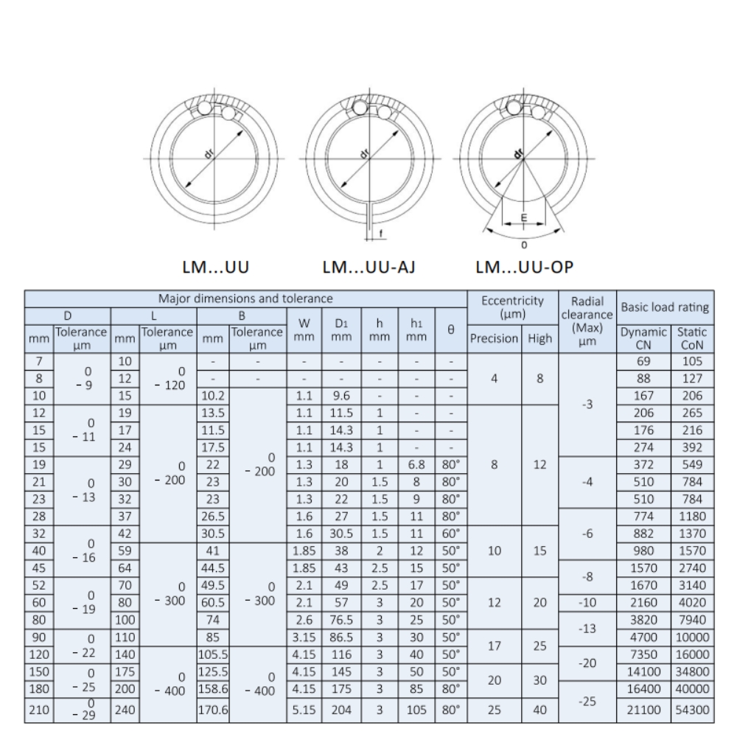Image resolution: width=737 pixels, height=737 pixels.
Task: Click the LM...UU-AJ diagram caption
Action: pyautogui.click(x=368, y=267)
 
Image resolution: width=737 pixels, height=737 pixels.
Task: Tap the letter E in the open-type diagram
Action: pyautogui.click(x=524, y=217)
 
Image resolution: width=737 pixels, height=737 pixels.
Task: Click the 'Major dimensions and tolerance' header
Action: pyautogui.click(x=245, y=298)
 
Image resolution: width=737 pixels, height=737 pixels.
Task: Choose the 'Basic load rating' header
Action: pyautogui.click(x=666, y=306)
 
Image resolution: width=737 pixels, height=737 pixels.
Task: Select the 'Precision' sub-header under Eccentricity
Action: pyautogui.click(x=493, y=339)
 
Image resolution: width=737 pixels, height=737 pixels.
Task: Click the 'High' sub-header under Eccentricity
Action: pyautogui.click(x=540, y=339)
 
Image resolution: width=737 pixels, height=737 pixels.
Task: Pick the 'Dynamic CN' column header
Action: pyautogui.click(x=643, y=338)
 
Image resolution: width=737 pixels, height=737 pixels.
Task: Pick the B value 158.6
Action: pyautogui.click(x=213, y=689)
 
